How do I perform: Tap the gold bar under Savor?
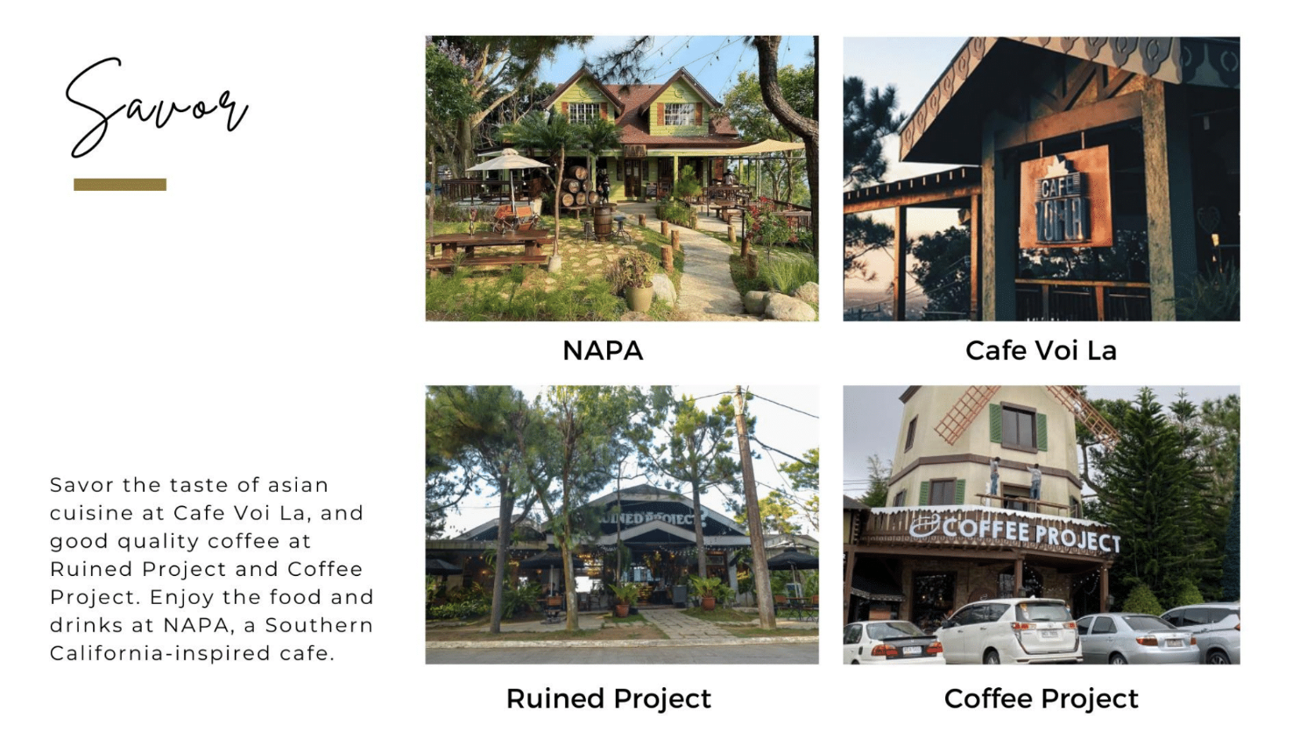point(120,185)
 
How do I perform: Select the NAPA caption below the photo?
point(603,350)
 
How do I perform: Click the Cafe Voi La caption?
point(1042,350)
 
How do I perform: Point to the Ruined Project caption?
point(609,699)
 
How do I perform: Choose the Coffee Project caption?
point(1042,699)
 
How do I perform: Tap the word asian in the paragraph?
point(298,485)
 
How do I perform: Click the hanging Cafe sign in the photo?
point(1064,197)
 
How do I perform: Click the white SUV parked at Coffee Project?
point(1009,631)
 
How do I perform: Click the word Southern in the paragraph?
point(320,625)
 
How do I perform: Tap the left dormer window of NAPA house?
point(583,111)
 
